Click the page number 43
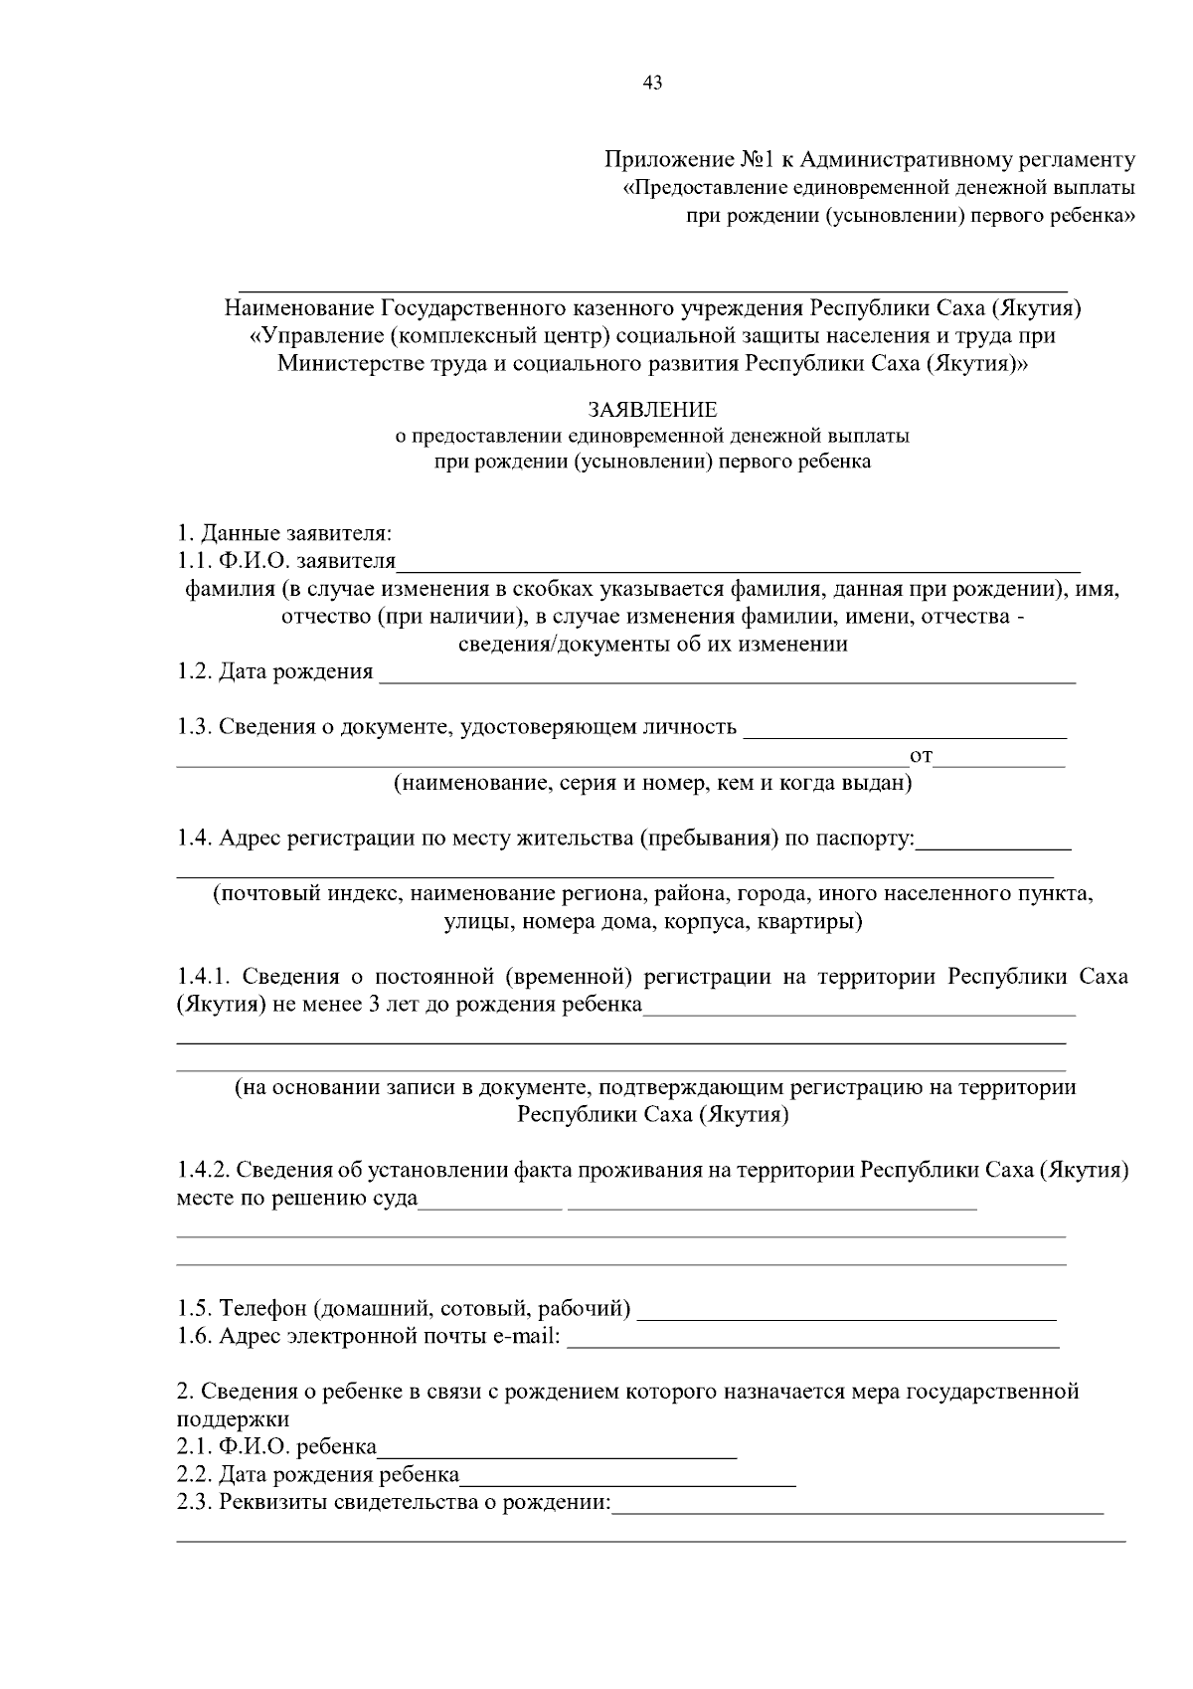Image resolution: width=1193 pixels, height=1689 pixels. pyautogui.click(x=653, y=84)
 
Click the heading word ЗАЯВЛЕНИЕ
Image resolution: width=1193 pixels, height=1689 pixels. pyautogui.click(x=652, y=410)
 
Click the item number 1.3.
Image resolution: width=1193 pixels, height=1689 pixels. pyautogui.click(x=194, y=727)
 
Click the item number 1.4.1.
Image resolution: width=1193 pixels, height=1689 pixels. pyautogui.click(x=203, y=977)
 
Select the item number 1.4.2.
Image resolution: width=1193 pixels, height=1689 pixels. pyautogui.click(x=203, y=1171)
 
